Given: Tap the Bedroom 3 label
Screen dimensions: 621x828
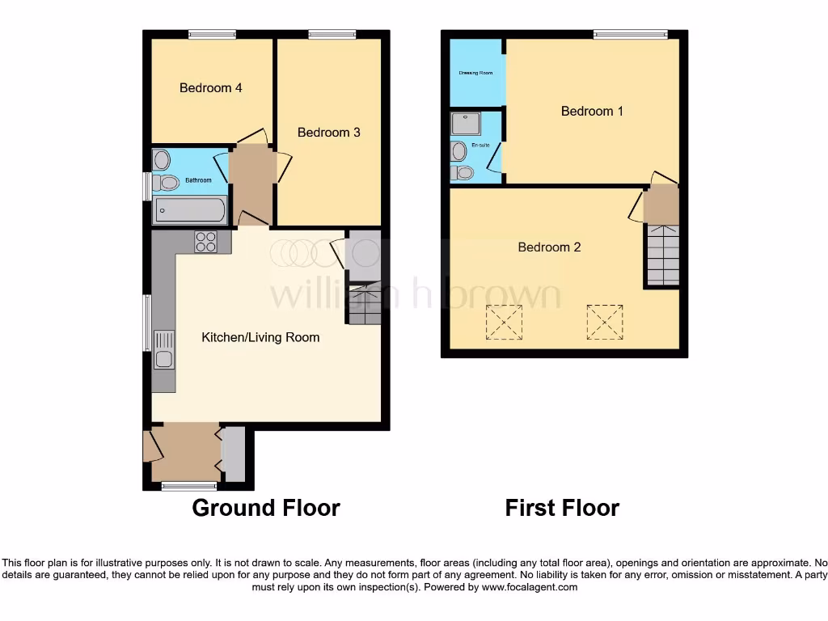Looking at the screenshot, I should pos(328,133).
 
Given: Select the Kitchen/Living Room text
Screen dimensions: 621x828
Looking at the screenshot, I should pos(260,337).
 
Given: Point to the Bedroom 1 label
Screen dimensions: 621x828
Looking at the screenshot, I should pos(592,111).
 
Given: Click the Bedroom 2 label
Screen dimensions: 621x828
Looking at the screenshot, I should pos(549,247).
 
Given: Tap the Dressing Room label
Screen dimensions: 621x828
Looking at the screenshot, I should pos(475,73).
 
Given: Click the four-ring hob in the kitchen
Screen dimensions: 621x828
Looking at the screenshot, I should pos(205,242).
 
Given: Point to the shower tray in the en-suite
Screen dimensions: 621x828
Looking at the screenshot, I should pos(465,124).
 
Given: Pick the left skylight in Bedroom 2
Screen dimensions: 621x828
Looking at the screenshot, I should pos(503,322).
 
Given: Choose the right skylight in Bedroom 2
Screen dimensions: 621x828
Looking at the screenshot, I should pos(605,321).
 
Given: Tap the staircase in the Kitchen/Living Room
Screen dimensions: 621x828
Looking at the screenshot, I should pos(365,303).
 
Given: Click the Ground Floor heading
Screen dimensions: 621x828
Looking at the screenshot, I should pos(266,508).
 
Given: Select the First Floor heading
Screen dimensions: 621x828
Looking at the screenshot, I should pos(562,508).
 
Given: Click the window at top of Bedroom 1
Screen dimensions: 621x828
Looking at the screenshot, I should pos(631,34).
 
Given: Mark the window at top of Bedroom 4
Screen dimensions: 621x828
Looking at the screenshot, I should pos(212,34).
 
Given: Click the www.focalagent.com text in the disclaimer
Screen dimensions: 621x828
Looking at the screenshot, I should pos(530,587).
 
